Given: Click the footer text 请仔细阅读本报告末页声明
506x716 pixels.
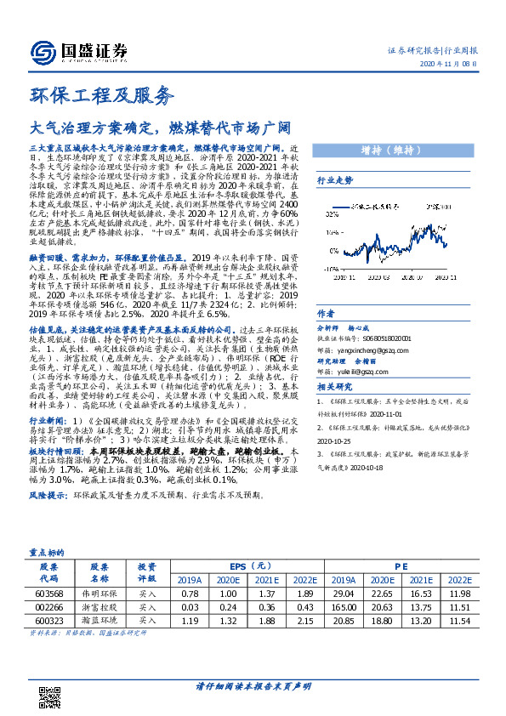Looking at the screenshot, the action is (253, 686).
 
